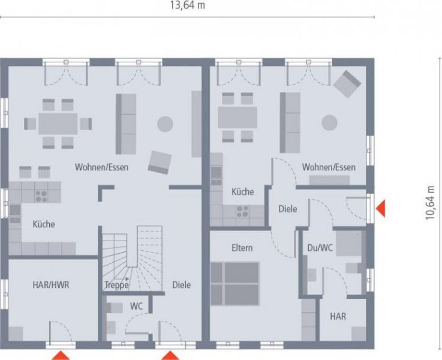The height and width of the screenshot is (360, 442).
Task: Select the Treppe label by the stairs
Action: [116, 285]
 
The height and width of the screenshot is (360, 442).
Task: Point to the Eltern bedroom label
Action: [242, 248]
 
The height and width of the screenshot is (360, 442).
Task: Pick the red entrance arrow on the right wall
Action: [380, 209]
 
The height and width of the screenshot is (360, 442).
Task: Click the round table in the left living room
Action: [165, 124]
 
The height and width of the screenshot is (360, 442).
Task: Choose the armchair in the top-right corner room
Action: [348, 83]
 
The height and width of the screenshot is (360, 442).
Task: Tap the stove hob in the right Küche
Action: [243, 211]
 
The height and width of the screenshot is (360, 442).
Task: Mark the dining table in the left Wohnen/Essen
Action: [58, 124]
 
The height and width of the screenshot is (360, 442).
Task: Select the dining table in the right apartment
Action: [237, 117]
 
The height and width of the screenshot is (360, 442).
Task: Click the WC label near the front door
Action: [137, 306]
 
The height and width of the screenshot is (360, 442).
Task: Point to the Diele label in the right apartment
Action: [288, 209]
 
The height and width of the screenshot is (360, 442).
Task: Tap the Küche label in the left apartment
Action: [44, 224]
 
